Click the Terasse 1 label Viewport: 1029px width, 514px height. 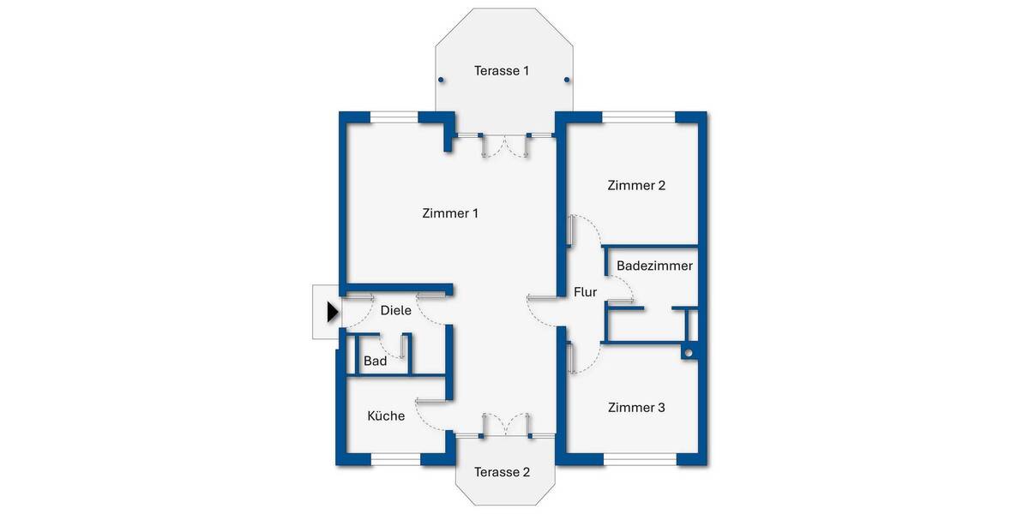(502, 71)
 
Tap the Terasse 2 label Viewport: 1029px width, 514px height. (502, 472)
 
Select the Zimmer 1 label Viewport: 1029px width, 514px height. (450, 213)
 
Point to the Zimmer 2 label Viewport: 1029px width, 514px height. (636, 185)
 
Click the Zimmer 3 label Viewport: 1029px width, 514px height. (636, 408)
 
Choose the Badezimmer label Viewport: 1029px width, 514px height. (654, 266)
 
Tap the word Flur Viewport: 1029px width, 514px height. (585, 292)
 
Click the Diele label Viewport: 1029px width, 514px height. (396, 311)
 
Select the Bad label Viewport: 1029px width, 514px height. (375, 362)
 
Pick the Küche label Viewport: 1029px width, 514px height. (386, 416)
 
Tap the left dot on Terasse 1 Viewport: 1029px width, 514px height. (441, 81)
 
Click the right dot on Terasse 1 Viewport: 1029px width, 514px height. (567, 81)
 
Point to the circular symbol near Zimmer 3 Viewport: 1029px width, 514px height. (689, 352)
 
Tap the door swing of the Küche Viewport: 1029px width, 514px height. (432, 415)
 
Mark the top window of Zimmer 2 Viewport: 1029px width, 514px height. (639, 117)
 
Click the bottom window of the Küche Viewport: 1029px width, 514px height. (395, 460)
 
